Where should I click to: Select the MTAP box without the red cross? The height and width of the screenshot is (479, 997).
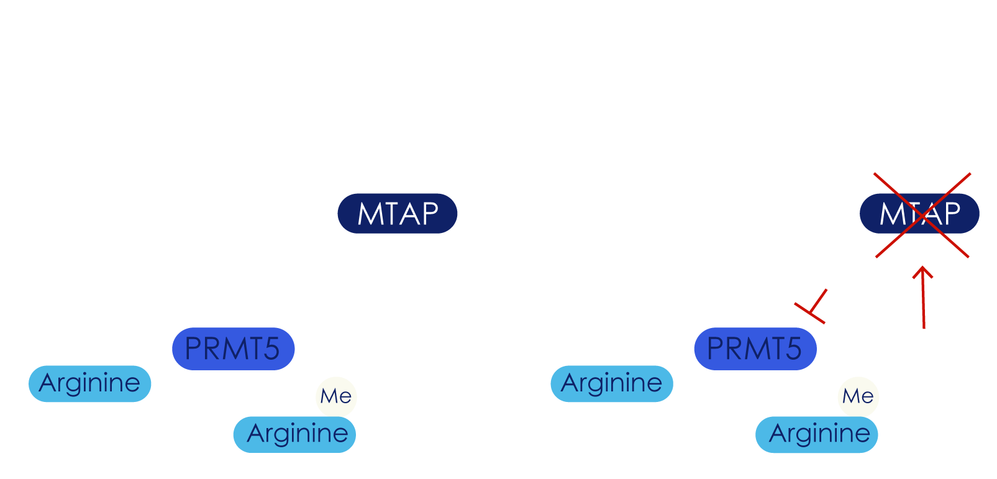[398, 214]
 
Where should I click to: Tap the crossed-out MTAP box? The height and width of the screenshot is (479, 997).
[919, 214]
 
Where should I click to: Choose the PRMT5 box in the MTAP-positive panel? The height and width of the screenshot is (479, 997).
[233, 349]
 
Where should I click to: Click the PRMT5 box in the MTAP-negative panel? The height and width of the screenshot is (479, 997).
[755, 349]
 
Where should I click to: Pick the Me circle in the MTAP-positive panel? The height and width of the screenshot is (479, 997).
[336, 396]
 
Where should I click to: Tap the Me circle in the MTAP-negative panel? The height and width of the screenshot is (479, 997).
[858, 396]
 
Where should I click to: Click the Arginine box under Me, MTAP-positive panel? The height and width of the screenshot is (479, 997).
[295, 434]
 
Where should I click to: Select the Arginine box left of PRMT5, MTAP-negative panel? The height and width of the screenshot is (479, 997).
[612, 383]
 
